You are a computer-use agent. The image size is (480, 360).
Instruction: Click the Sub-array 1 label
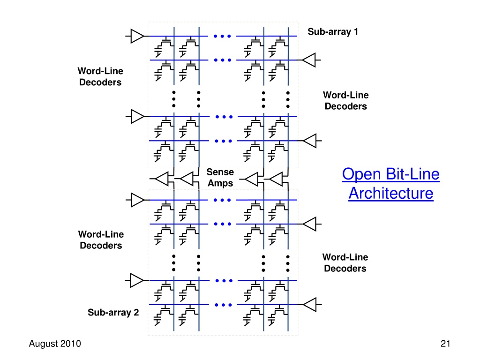point(333,32)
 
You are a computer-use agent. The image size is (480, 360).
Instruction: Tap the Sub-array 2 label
point(113,313)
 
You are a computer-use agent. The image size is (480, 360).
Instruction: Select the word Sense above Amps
point(220,172)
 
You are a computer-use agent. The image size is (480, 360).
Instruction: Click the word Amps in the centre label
point(220,183)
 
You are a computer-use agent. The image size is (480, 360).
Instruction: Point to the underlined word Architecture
point(390,193)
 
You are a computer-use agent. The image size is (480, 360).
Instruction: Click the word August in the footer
point(43,344)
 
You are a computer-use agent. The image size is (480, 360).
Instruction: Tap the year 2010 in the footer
point(70,344)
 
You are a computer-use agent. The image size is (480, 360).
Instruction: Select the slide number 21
point(445,344)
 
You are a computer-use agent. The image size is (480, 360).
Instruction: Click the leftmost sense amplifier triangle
point(162,179)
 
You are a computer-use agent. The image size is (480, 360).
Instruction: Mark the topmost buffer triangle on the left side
point(137,36)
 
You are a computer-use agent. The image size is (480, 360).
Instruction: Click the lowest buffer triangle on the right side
point(310,305)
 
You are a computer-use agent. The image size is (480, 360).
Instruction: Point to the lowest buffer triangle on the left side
point(137,280)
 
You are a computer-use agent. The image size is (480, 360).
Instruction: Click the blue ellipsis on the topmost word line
point(220,36)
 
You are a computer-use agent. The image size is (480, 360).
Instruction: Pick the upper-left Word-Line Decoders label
point(100,76)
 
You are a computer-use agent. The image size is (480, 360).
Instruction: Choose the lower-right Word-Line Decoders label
point(345,262)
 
